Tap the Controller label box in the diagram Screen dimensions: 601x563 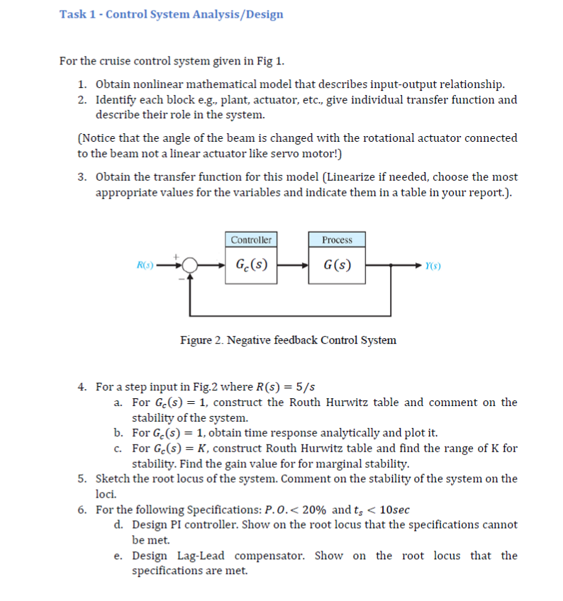point(252,240)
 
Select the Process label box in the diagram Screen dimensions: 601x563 point(337,240)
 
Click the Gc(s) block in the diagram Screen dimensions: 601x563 point(252,266)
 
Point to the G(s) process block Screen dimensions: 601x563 point(337,266)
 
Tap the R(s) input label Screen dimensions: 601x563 point(144,267)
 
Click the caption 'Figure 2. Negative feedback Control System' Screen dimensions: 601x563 point(288,340)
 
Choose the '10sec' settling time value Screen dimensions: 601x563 point(394,510)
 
